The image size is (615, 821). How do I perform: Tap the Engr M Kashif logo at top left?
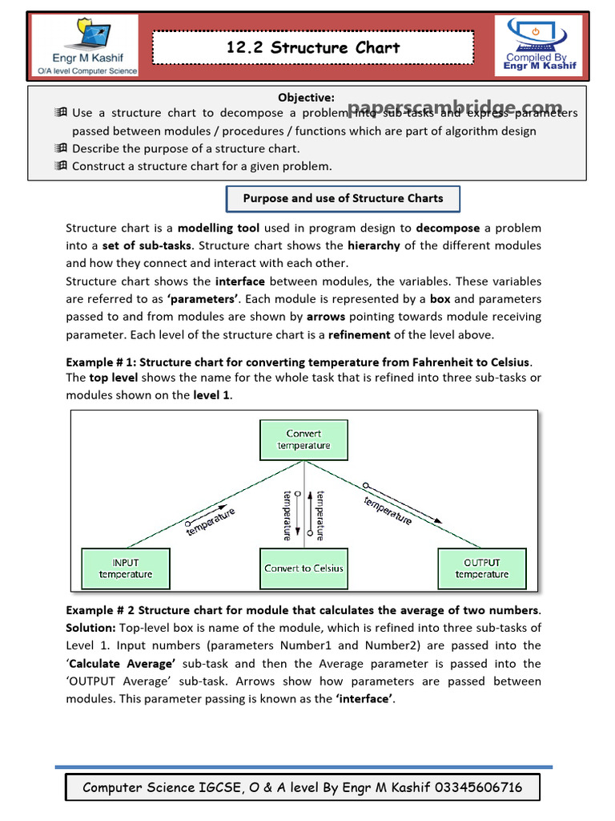click(x=84, y=47)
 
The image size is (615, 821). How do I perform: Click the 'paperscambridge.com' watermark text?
click(x=455, y=108)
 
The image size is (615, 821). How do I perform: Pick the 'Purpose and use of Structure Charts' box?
click(x=343, y=198)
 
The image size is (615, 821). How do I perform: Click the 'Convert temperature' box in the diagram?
click(x=303, y=439)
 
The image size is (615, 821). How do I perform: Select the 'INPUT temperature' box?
click(x=126, y=568)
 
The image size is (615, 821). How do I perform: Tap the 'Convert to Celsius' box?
click(x=303, y=568)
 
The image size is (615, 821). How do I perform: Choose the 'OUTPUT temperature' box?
click(x=481, y=568)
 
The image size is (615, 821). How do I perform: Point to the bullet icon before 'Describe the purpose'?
click(x=62, y=148)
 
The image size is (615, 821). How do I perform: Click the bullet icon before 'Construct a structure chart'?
click(x=62, y=166)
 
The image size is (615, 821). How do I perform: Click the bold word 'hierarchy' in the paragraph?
click(x=373, y=245)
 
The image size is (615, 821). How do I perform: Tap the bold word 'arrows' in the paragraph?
click(x=325, y=317)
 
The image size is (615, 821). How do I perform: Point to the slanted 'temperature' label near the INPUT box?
click(x=211, y=521)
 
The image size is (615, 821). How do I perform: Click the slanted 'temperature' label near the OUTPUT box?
click(x=388, y=511)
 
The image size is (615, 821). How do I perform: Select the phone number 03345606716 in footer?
click(x=478, y=787)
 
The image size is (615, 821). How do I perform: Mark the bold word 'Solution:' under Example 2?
click(x=90, y=628)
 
